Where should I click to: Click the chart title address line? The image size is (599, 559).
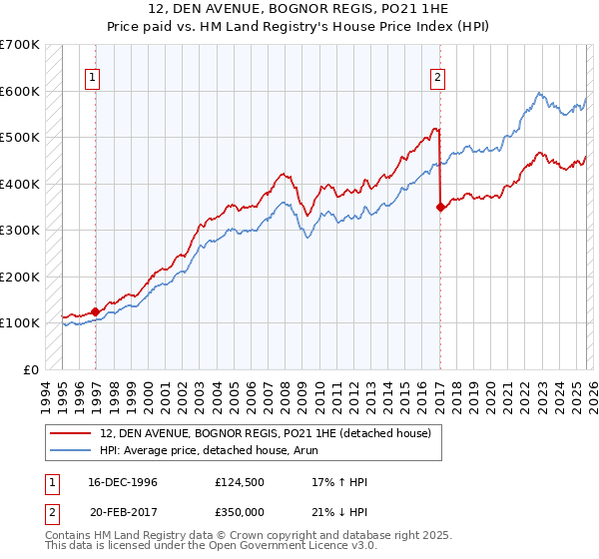(299, 9)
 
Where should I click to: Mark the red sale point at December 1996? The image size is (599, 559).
(96, 311)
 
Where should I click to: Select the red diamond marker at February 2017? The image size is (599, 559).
(440, 208)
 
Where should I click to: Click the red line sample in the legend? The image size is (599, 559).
(71, 433)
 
